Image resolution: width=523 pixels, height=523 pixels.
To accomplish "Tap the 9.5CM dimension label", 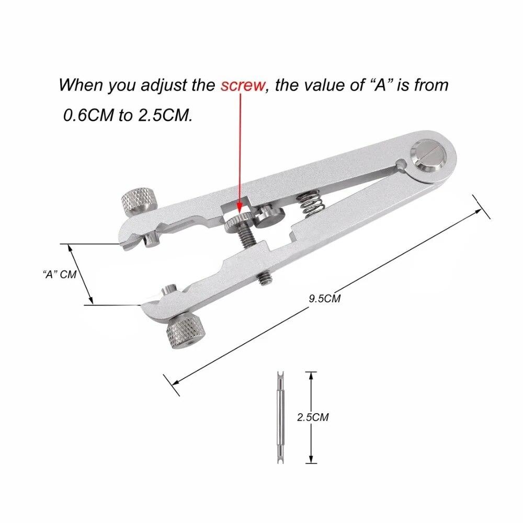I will tap(324, 299).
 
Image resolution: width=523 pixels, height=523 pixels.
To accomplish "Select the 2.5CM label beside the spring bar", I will tap(312, 417).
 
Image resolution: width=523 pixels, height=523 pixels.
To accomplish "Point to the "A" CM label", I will tap(59, 274).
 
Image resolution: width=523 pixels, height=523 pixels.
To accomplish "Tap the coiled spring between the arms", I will tap(308, 202).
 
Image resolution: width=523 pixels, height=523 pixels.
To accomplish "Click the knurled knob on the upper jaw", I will tap(140, 200).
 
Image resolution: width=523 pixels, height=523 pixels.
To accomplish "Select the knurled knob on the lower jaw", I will tap(184, 333).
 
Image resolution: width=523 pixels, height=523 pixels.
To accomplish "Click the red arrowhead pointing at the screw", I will tap(240, 208).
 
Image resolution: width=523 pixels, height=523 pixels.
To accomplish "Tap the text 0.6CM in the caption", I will tap(88, 115).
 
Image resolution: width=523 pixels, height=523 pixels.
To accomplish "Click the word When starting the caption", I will tap(81, 85).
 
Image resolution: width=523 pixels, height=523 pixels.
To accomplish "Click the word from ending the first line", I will tap(431, 85).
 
